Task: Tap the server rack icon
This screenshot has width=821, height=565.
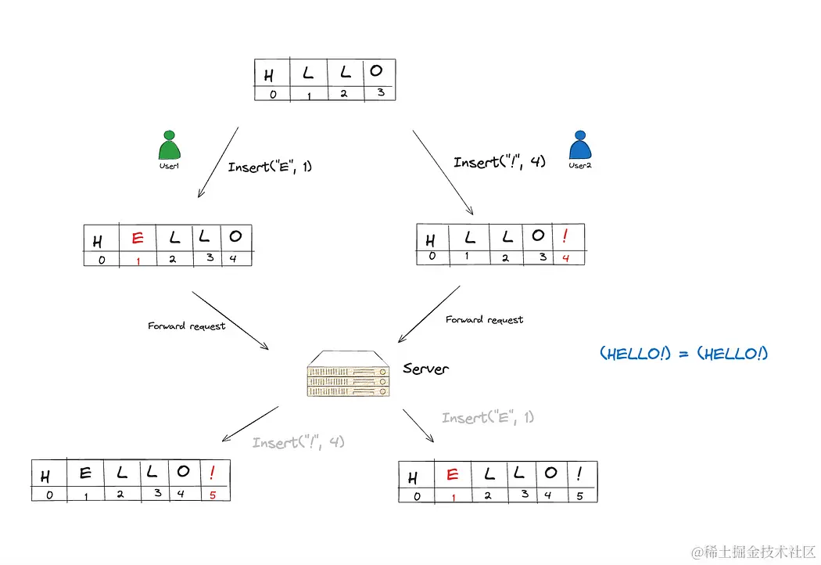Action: coord(349,376)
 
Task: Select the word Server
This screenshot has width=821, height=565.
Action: coord(425,369)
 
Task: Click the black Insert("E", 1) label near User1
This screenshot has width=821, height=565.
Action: coord(270,167)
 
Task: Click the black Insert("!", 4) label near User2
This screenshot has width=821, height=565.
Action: coord(499,162)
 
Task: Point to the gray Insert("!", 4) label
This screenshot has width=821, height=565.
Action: coord(298,442)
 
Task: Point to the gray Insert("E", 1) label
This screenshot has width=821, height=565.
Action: coord(487,417)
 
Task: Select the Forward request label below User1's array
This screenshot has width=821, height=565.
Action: coord(186,326)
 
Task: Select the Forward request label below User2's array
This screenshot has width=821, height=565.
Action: coord(484,319)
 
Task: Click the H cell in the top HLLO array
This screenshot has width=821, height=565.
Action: coord(270,74)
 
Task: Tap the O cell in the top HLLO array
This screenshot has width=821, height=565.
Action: coord(377,71)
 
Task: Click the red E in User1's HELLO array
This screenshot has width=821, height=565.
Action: coord(138,238)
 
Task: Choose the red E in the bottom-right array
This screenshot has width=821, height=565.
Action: coord(451,474)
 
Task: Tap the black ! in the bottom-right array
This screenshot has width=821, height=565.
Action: coord(579,473)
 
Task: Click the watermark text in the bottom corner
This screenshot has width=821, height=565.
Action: coord(754,552)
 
